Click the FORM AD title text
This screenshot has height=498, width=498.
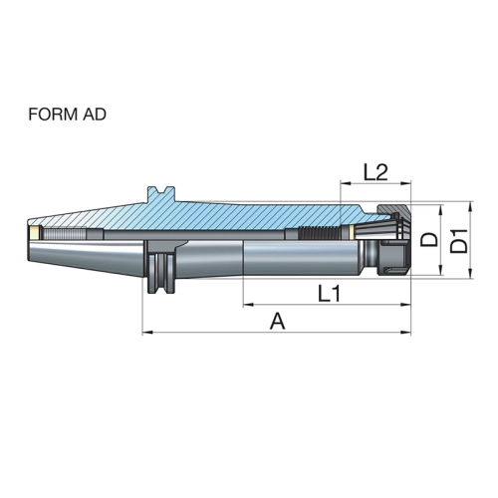pyautogui.click(x=67, y=115)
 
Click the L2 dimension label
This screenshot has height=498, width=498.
pyautogui.click(x=375, y=172)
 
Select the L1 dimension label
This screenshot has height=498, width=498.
pyautogui.click(x=329, y=294)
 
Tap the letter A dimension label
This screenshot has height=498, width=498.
pyautogui.click(x=277, y=322)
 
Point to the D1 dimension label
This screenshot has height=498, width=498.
pyautogui.click(x=459, y=240)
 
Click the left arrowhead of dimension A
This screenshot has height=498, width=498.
pyautogui.click(x=147, y=332)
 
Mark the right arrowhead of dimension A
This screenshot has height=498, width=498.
pyautogui.click(x=406, y=332)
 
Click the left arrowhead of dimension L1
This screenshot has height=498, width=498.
pyautogui.click(x=248, y=304)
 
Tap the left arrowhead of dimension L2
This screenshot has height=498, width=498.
pyautogui.click(x=346, y=182)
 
